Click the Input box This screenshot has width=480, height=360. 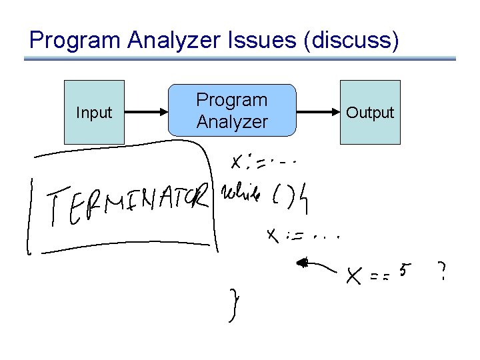(x=94, y=112)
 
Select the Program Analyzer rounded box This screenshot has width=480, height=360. (x=231, y=111)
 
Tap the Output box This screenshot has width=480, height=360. (x=370, y=112)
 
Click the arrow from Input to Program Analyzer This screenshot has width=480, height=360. (x=146, y=113)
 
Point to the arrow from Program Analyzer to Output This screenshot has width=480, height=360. (x=318, y=113)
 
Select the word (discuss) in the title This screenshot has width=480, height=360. (x=351, y=41)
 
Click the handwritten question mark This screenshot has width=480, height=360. (x=441, y=271)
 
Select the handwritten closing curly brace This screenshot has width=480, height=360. (x=233, y=305)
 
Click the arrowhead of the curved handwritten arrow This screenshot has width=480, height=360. (x=302, y=263)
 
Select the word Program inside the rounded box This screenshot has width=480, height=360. (x=231, y=100)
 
